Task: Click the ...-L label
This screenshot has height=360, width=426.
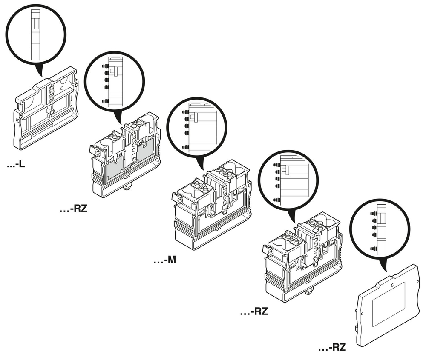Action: point(16,164)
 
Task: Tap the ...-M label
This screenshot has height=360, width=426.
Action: point(165,260)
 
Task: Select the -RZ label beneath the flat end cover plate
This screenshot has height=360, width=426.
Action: point(332,347)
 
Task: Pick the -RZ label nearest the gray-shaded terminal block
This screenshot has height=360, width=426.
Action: point(74,209)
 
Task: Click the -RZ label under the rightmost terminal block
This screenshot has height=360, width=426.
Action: point(254,311)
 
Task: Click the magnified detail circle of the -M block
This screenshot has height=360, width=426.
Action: point(197,128)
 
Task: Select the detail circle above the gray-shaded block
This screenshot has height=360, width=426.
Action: point(114,81)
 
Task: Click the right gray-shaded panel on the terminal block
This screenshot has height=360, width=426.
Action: point(146,152)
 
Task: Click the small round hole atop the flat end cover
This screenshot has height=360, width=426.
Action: point(392,285)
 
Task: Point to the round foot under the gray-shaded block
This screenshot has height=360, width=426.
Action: point(128,188)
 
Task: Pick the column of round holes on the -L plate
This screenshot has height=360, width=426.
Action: point(52,95)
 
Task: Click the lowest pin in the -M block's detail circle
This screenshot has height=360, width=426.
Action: point(185,147)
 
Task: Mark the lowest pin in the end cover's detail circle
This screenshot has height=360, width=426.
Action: point(374,249)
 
